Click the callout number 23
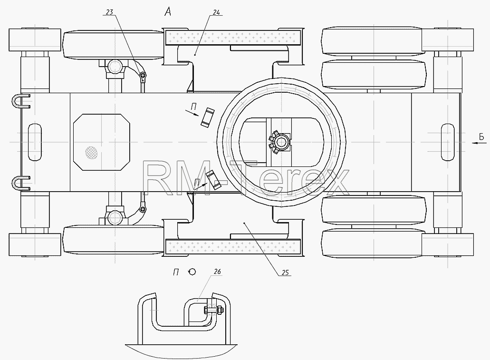109,12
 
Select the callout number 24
217,12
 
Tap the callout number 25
285,273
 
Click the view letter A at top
168,12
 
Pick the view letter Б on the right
481,136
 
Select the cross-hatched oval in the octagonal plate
92,152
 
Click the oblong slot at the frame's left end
35,142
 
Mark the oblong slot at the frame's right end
448,142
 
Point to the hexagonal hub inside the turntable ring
281,142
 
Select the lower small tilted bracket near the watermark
213,180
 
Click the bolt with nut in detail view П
213,310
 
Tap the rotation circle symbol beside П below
192,272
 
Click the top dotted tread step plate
233,37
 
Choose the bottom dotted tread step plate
233,246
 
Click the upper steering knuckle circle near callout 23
115,67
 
